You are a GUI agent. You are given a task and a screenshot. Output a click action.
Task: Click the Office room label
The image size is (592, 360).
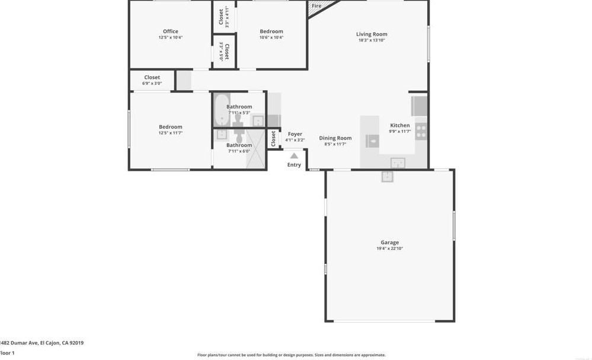tap(171, 31)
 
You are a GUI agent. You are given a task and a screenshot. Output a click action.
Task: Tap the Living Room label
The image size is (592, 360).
tap(372, 34)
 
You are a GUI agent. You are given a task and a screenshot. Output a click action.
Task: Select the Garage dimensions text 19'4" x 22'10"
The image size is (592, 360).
tap(389, 249)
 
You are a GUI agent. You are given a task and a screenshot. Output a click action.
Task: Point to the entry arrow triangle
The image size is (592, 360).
tap(294, 156)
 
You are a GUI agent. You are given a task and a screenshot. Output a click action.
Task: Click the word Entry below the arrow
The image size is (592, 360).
tap(294, 165)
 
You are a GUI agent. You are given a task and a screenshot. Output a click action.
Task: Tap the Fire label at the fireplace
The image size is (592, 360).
tap(316, 6)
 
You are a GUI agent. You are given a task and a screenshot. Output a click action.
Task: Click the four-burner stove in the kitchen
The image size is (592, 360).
tap(421, 131)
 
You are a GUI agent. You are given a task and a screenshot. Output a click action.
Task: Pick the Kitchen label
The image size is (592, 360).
tap(399, 125)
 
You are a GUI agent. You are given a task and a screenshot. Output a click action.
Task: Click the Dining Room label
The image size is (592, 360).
tap(335, 138)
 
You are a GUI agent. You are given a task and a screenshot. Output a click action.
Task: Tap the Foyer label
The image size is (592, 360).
tap(295, 135)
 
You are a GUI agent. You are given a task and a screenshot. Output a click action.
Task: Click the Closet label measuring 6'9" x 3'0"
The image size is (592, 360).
tap(152, 78)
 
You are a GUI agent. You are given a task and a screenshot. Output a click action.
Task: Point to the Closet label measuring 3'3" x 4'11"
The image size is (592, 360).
tap(221, 17)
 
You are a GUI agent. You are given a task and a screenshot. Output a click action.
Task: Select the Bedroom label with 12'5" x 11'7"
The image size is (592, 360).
tap(171, 127)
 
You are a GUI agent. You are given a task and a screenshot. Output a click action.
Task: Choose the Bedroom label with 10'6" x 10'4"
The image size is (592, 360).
tap(271, 31)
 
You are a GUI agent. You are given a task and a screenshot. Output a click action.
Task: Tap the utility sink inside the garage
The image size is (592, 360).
tap(387, 176)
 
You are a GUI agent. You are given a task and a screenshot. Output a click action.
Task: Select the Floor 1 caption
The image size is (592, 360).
tap(7, 353)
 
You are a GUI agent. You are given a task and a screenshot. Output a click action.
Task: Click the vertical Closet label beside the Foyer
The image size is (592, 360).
tap(273, 139)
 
